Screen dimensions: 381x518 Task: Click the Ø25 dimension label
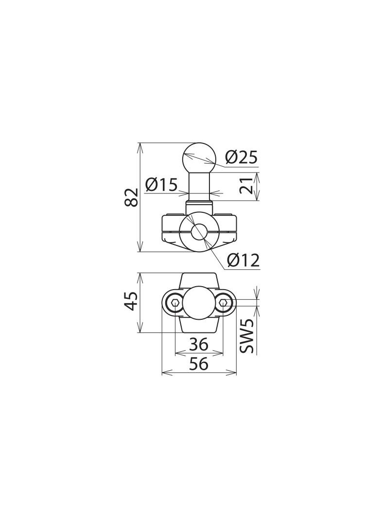point(241,157)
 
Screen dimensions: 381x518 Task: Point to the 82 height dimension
point(132,197)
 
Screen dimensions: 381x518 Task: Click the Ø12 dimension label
point(243,260)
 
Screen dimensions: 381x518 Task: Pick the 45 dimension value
point(132,301)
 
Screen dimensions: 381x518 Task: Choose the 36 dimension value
point(199,344)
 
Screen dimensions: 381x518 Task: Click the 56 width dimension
point(199,364)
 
